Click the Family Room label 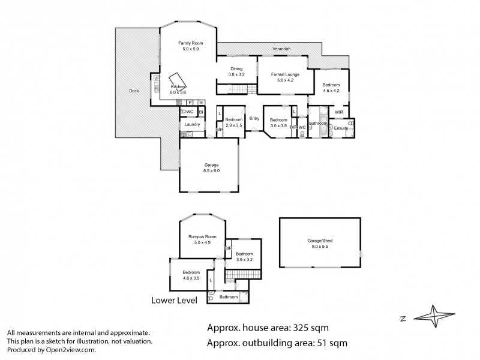point(190,43)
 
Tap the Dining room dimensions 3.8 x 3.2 point(235,74)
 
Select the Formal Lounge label point(285,74)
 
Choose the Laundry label point(192,124)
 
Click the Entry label point(254,118)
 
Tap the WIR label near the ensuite point(339,112)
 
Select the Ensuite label point(341,128)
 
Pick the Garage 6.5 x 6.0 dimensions point(211,171)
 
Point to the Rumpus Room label point(199,236)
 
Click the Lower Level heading point(174,300)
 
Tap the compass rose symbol point(436,316)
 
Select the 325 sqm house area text point(310,328)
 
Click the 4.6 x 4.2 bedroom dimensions point(331,91)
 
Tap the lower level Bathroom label point(228,297)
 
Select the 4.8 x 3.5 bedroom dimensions point(191,278)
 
